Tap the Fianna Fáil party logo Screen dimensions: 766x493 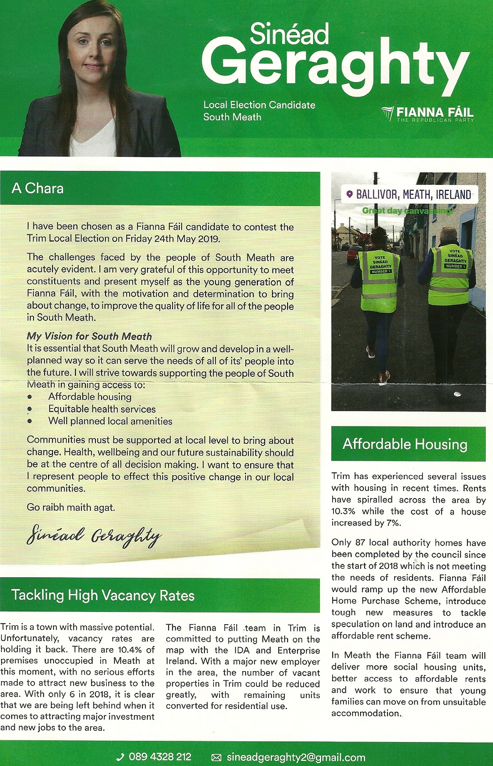pyautogui.click(x=428, y=114)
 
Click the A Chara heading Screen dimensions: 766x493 pyautogui.click(x=37, y=188)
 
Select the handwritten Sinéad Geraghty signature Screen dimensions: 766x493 pyautogui.click(x=93, y=537)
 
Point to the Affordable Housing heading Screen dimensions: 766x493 pyautogui.click(x=405, y=444)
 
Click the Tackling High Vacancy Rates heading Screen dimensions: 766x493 pyautogui.click(x=103, y=595)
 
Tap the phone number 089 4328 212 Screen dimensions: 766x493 pyautogui.click(x=160, y=757)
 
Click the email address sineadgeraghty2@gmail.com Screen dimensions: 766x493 pyautogui.click(x=296, y=757)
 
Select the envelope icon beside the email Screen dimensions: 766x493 pyautogui.click(x=217, y=758)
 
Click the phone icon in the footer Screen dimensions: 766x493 pyautogui.click(x=120, y=757)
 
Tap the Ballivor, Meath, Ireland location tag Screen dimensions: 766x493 pyautogui.click(x=409, y=194)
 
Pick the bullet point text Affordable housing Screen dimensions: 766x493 pyautogui.click(x=90, y=396)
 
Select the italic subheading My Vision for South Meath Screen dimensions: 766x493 pyautogui.click(x=89, y=336)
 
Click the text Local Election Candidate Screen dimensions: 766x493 pyautogui.click(x=259, y=105)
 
